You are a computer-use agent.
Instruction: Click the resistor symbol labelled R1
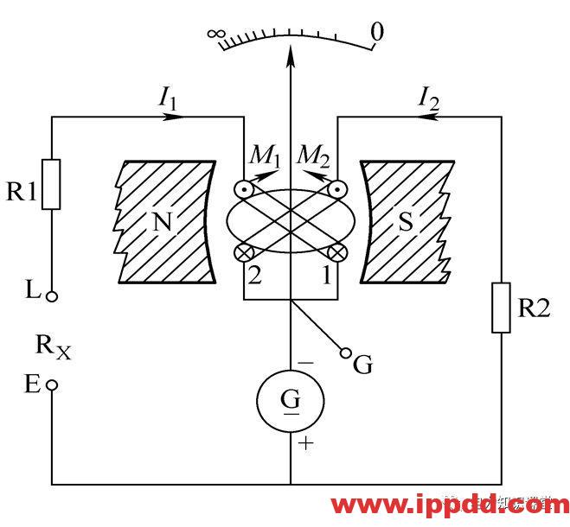[52, 184]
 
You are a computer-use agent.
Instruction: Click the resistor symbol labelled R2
[501, 307]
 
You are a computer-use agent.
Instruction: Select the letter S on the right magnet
[405, 223]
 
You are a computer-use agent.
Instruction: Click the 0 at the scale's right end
[376, 33]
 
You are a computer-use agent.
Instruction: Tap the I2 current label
[428, 98]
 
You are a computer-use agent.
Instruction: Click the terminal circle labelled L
[52, 296]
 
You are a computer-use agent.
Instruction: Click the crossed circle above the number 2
[244, 252]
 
